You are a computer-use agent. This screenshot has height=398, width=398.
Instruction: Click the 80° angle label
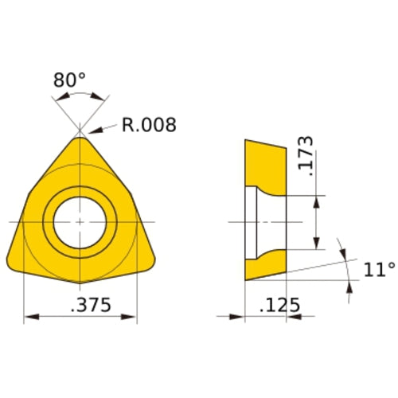click(69, 80)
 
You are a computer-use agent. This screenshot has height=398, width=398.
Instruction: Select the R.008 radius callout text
click(149, 125)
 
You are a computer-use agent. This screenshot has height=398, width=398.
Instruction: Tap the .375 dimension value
click(91, 305)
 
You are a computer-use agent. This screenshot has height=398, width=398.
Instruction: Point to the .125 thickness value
click(280, 305)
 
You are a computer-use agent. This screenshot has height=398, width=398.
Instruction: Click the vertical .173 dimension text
click(306, 156)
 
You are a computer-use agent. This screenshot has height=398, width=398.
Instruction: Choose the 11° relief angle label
click(379, 270)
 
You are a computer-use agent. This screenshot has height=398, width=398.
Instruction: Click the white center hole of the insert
click(80, 223)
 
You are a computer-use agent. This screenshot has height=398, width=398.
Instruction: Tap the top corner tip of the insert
click(80, 137)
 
